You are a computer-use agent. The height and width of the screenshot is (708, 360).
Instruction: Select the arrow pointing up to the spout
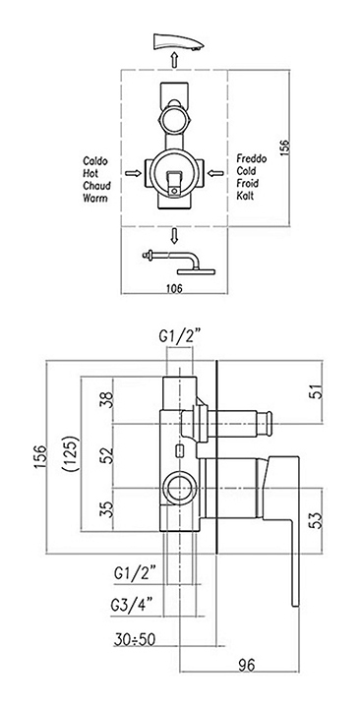point(174,59)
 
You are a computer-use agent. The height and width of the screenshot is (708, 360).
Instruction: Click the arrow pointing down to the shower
point(174,236)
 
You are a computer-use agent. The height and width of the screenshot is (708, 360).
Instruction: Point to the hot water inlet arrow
point(133,173)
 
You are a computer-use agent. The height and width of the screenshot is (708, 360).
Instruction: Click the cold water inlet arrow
point(216,172)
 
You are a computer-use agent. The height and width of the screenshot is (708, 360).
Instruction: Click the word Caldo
point(95,160)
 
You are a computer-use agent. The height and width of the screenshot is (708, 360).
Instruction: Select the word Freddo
point(252,159)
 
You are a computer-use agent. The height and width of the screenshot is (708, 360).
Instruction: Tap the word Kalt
point(245,196)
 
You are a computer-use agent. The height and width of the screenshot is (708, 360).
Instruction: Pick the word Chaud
point(96,186)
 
